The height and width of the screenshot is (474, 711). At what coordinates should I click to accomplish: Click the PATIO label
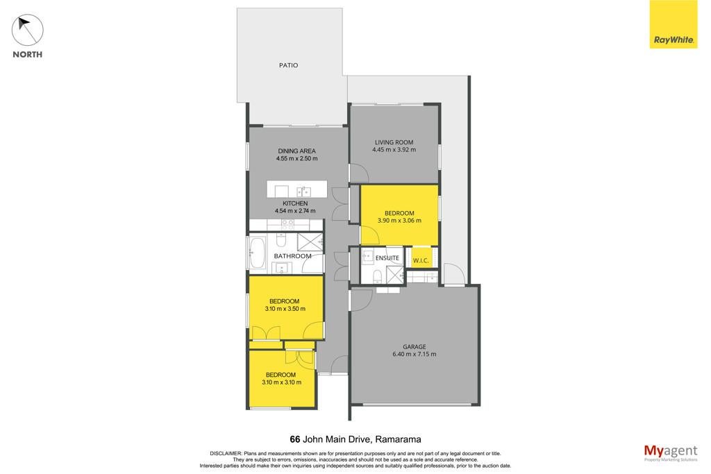tap(288, 65)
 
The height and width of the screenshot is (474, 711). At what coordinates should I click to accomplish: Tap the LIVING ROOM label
tap(394, 142)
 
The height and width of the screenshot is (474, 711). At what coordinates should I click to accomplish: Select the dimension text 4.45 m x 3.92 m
tap(394, 149)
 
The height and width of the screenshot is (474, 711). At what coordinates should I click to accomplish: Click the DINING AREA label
tap(296, 151)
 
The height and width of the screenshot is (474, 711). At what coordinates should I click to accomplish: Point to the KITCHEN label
tap(295, 203)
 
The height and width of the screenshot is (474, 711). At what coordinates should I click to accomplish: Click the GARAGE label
tap(414, 347)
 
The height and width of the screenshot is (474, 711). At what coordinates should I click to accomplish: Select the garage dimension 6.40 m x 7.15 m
tap(414, 354)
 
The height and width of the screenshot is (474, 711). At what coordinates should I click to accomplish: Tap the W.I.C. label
tap(421, 261)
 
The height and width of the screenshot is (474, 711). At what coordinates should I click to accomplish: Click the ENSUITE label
tap(387, 258)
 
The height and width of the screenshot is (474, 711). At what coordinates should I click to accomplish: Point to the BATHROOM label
tap(292, 256)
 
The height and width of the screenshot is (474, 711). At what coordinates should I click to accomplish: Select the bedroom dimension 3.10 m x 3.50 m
tap(285, 309)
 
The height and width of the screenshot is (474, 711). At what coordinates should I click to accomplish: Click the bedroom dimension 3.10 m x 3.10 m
tap(281, 382)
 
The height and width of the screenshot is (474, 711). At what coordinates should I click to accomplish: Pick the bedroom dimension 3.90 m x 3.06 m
tap(399, 221)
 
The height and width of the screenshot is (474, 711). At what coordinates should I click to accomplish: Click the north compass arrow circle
tap(28, 30)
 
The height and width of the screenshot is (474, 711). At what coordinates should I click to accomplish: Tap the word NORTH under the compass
tap(28, 54)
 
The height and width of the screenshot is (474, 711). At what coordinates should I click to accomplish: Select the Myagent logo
tap(671, 452)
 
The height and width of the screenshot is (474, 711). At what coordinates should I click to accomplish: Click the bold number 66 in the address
tap(294, 439)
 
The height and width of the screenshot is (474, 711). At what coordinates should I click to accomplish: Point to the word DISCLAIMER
tap(226, 453)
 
